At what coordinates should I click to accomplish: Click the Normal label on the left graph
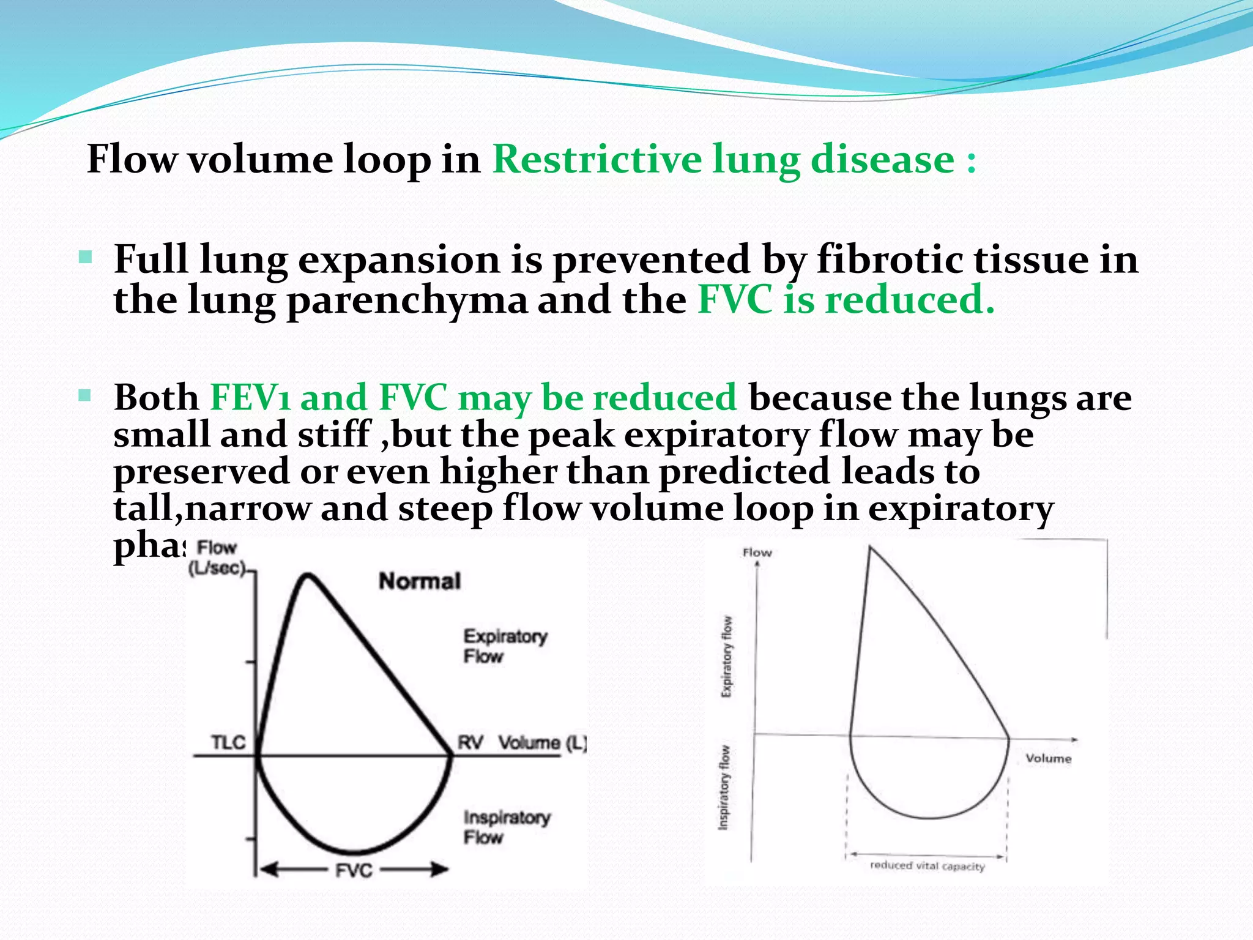click(x=420, y=581)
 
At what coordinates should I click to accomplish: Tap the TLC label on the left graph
click(x=228, y=742)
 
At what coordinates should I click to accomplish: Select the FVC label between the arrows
click(x=354, y=870)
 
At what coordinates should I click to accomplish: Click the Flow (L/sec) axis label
click(x=217, y=558)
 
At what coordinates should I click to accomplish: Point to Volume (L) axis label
click(x=542, y=743)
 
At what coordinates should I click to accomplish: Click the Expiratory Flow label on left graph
click(x=504, y=646)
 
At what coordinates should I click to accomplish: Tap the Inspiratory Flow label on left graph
click(x=506, y=827)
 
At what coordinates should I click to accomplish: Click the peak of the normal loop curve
click(x=308, y=575)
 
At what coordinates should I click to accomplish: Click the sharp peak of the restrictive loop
click(x=870, y=548)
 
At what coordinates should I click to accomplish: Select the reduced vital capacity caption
click(x=927, y=866)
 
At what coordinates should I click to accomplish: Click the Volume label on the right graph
click(x=1048, y=758)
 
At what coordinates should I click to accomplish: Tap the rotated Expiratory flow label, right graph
click(x=726, y=656)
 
